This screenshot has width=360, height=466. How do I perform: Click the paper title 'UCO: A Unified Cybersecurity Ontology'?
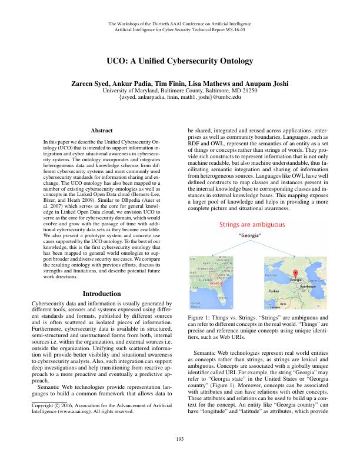tap(180, 61)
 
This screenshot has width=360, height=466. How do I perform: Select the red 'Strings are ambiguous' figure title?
tap(252, 208)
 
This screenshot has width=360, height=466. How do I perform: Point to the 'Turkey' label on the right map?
tap(274, 291)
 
